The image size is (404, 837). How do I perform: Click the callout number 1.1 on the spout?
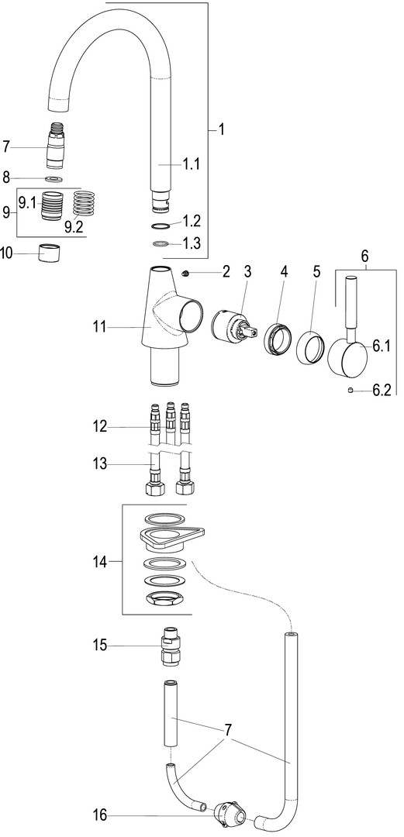[192, 164]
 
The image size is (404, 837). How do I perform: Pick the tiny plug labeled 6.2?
[349, 390]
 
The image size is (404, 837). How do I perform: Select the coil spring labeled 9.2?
[84, 204]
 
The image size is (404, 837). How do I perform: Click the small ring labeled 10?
[50, 253]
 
